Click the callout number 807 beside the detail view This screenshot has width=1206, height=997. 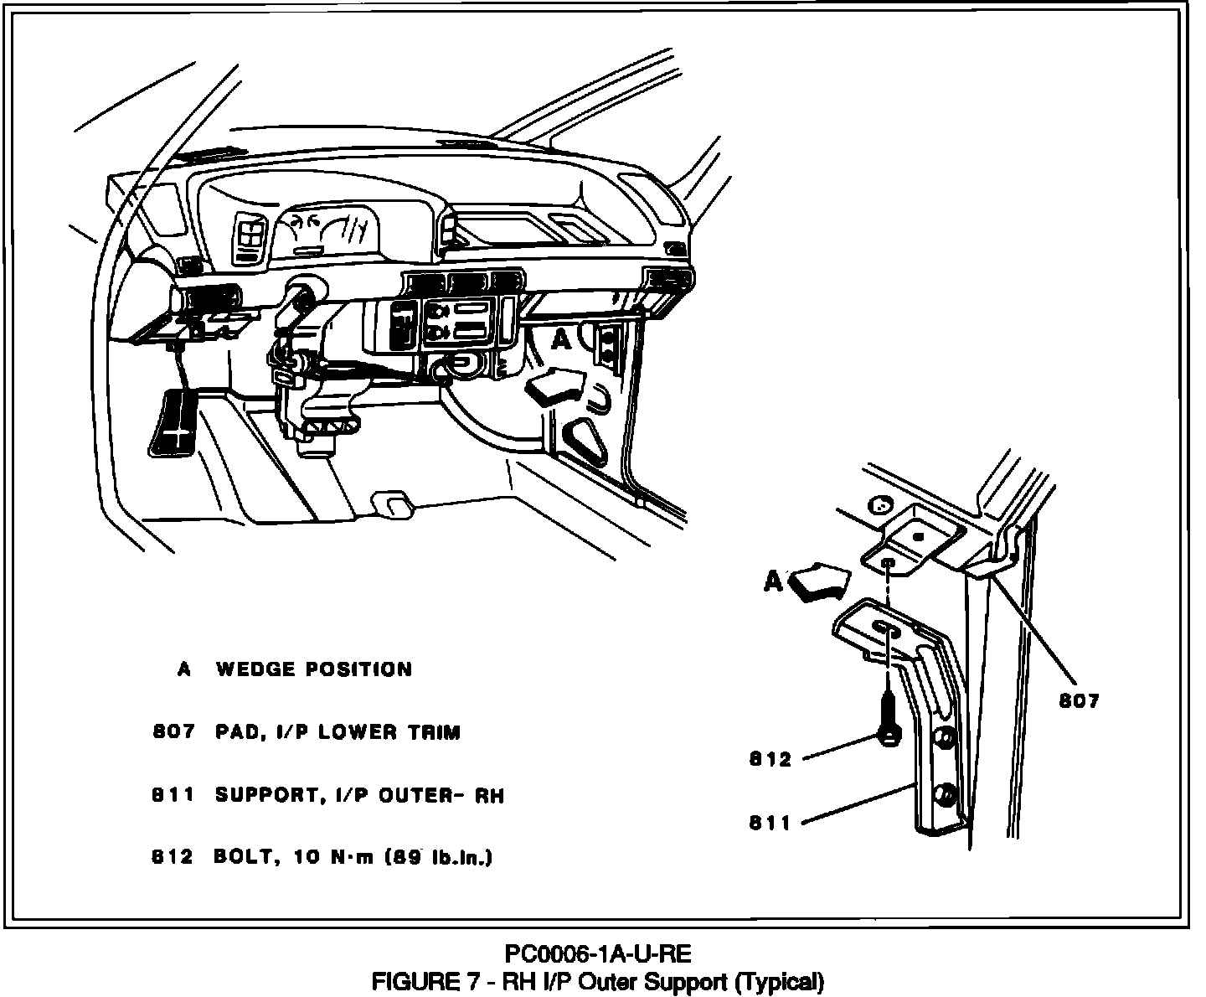click(x=1079, y=701)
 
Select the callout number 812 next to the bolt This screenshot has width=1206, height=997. click(x=770, y=760)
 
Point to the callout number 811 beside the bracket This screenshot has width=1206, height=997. click(x=770, y=824)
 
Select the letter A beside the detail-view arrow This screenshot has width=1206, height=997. click(x=773, y=581)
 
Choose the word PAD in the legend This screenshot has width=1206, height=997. click(x=235, y=732)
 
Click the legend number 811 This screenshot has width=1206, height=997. click(x=173, y=795)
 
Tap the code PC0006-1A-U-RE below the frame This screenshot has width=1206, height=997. click(x=598, y=954)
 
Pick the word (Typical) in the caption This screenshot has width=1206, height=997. click(x=779, y=980)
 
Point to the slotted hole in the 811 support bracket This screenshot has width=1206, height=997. click(x=884, y=629)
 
